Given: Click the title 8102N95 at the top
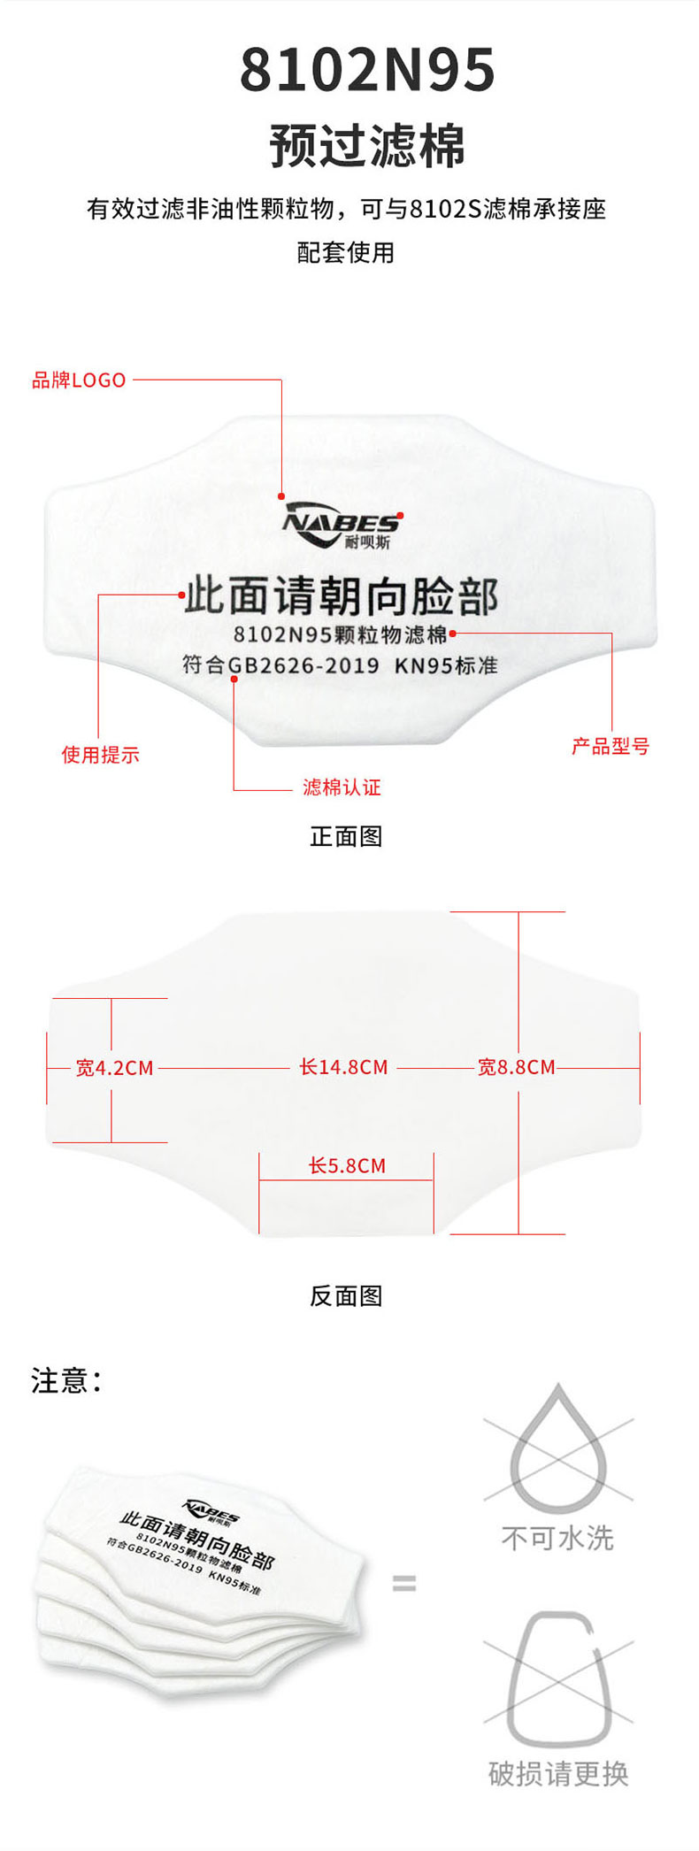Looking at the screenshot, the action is (x=367, y=72).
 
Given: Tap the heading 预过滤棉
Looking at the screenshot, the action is (x=367, y=146).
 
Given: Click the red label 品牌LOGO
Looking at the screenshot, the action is (x=79, y=380).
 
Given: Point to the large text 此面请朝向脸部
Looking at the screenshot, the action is (x=342, y=596).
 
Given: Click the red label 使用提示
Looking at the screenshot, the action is (x=100, y=755).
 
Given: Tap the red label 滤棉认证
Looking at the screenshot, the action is (x=342, y=787).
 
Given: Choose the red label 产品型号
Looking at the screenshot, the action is (x=611, y=747).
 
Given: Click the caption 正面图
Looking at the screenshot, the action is (x=346, y=836).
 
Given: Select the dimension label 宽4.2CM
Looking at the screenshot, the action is (x=115, y=1068).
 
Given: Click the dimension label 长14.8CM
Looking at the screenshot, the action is (x=343, y=1067).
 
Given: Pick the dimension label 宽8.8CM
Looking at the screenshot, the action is (x=517, y=1067).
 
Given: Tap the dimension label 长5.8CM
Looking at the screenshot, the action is (x=347, y=1166).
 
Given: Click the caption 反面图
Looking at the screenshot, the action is (x=346, y=1296).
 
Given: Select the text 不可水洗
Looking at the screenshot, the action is (x=557, y=1538).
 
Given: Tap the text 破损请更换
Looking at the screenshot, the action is (x=558, y=1773).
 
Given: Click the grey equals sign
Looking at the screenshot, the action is (x=403, y=1583).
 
